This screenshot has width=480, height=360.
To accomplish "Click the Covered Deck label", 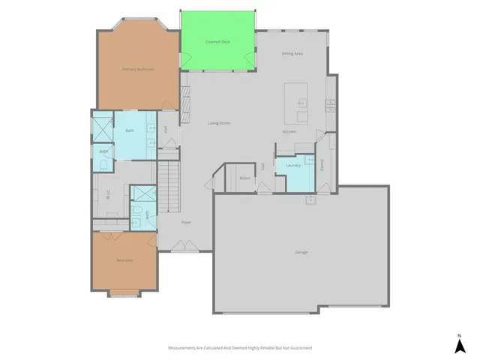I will [217, 42].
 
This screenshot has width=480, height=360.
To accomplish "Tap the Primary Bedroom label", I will [138, 69].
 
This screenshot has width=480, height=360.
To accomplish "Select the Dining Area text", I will [292, 54].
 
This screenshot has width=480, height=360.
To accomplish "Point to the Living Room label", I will [219, 122].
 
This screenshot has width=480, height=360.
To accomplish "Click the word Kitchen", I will [289, 132].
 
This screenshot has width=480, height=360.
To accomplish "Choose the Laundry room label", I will [292, 165].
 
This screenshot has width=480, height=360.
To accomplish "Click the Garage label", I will [301, 252].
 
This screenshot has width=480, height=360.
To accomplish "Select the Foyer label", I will [186, 222].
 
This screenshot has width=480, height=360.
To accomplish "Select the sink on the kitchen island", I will [301, 100].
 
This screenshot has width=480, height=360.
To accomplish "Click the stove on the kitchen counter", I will [329, 105].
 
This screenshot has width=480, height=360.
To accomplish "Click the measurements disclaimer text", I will [240, 348].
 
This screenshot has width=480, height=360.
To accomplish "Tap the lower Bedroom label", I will [124, 260].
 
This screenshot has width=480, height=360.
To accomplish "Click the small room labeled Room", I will [244, 178].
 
